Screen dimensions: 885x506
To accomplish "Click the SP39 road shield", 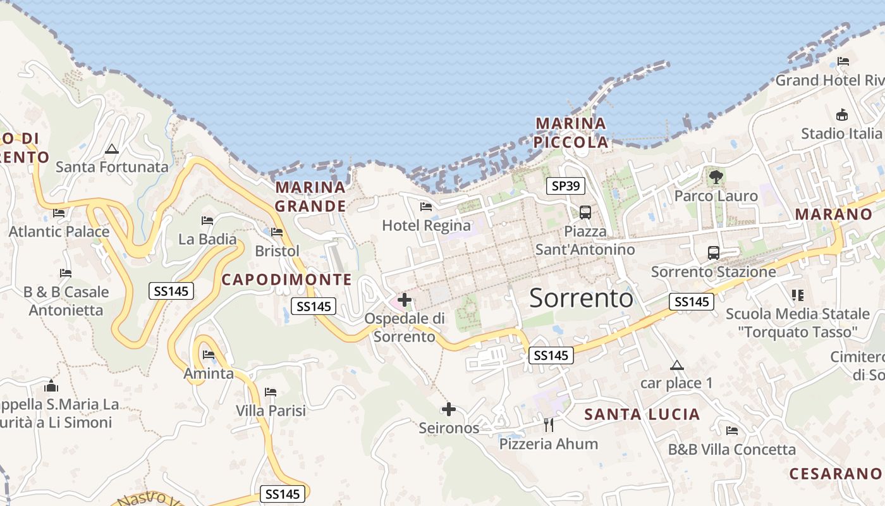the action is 566,185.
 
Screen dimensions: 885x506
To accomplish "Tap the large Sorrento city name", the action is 581,298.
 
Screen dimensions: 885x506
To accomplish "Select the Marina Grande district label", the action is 310,197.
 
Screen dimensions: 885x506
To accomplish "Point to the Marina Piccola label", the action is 571,133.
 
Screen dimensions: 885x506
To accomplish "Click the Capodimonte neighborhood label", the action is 286,280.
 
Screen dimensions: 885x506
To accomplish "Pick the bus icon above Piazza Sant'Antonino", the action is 585,213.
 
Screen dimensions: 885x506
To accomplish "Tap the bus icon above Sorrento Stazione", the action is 714,253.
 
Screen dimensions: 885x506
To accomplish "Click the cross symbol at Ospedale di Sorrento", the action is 405,300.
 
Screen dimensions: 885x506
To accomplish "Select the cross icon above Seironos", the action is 449,410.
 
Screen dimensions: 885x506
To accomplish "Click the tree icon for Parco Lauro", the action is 716,177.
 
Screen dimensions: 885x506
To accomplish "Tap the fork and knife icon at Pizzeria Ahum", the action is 548,425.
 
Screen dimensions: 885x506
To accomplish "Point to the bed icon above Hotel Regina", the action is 426,207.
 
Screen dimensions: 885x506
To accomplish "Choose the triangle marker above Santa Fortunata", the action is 112,149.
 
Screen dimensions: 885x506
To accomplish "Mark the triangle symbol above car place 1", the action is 677,365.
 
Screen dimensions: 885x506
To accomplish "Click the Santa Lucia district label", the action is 642,415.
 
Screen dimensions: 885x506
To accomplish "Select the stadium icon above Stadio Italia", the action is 841,115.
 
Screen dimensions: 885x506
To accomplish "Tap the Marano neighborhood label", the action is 833,214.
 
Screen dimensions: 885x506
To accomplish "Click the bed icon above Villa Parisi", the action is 271,393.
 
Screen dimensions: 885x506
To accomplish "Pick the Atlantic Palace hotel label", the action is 59,231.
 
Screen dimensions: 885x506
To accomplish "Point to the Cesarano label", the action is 835,474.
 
